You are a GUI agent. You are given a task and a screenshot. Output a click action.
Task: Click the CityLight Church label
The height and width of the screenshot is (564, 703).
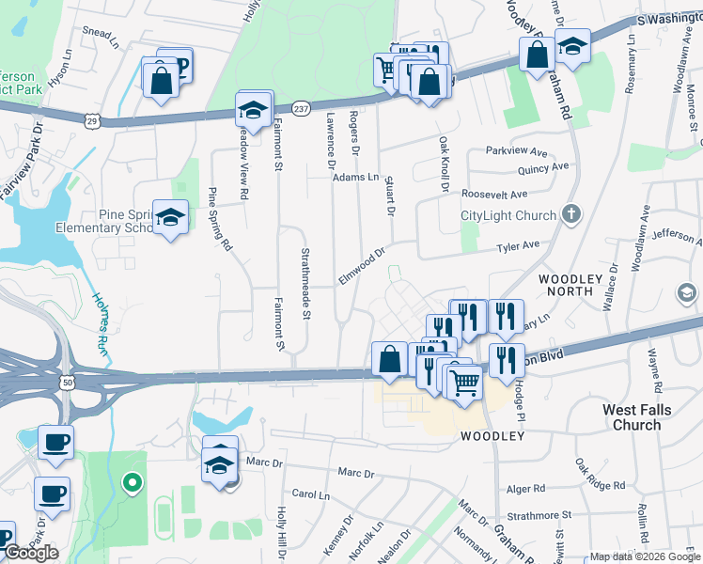[508, 215]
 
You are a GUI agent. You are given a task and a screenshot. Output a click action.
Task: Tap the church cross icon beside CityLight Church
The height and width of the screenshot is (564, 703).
[570, 214]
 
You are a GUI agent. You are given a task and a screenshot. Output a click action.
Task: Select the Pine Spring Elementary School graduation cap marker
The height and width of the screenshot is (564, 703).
[170, 217]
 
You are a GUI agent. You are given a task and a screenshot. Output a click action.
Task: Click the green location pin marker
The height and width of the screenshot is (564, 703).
[133, 483]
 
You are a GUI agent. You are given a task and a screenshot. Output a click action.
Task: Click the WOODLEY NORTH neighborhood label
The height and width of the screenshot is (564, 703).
[579, 285]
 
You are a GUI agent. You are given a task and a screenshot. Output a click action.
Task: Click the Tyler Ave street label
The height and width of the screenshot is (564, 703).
[518, 246]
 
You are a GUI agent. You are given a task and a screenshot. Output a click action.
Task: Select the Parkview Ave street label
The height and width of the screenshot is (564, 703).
[516, 150]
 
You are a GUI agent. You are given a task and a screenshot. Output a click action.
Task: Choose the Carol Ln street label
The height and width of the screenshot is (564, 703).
[311, 493]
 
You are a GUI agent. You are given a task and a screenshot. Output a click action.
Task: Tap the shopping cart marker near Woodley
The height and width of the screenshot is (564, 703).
[463, 381]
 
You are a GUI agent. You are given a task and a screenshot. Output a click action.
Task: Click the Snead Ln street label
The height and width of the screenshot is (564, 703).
[102, 32]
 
